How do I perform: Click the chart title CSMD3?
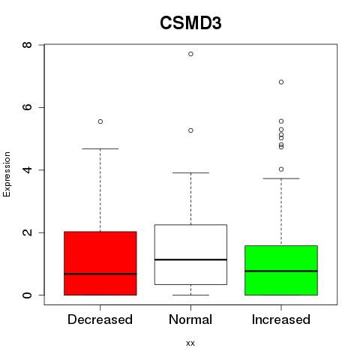point(190,23)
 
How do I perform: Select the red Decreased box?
point(100,263)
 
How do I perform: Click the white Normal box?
point(190,254)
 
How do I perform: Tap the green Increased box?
point(281,270)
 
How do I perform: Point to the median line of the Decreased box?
point(100,274)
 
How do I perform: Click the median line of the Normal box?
point(190,259)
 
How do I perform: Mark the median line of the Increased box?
point(281,271)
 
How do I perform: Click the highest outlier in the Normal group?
point(190,54)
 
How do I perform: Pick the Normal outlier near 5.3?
point(190,130)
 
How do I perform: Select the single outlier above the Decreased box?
point(100,121)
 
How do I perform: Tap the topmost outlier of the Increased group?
point(281,82)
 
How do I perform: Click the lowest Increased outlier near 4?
point(281,169)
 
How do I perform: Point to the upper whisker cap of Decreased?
point(100,148)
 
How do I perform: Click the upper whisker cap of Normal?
point(190,172)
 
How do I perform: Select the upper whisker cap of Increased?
point(281,178)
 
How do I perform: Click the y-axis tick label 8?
point(27,45)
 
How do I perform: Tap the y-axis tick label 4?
point(27,170)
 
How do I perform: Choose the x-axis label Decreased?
point(100,319)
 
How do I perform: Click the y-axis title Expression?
point(7,174)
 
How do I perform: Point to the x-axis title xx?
point(190,343)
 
